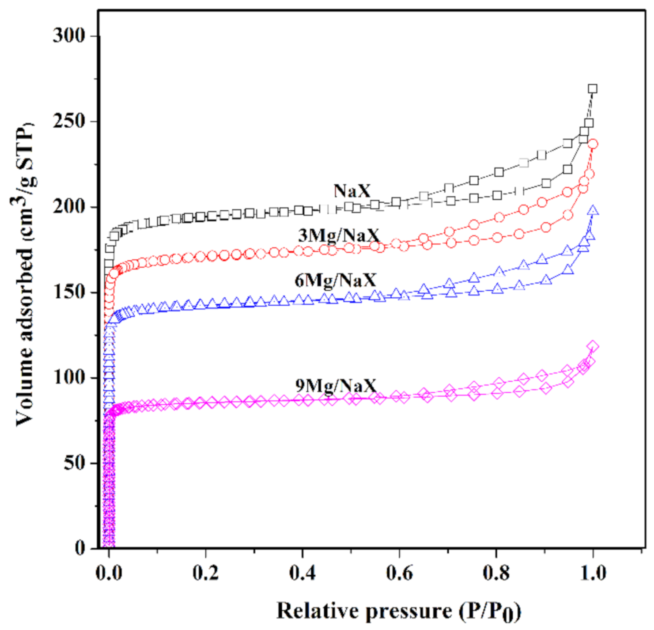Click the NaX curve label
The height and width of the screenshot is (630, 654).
coord(352,191)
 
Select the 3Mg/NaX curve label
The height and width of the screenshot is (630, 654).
coord(339,235)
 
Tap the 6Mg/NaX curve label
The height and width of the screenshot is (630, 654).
coord(335,280)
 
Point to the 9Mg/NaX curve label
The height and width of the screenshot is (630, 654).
coord(336,386)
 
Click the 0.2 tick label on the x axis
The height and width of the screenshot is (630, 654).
coord(205,573)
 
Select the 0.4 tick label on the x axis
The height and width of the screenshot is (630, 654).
coord(302,573)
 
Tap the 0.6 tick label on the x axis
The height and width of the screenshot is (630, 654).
coord(399,573)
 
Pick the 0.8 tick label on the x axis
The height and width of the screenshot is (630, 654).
coord(496,573)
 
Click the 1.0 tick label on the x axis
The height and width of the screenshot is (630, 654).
coord(593,573)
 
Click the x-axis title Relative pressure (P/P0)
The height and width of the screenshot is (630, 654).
coord(398,611)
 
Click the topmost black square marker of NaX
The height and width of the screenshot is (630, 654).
coord(593,89)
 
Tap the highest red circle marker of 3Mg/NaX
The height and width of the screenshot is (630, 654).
coord(593,144)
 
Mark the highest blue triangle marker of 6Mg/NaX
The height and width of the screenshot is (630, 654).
coord(593,211)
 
